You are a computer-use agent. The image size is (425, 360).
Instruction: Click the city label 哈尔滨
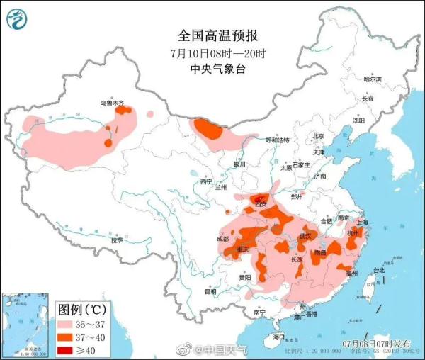tap(372, 79)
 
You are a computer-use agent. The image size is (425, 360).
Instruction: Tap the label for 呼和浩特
tap(278, 140)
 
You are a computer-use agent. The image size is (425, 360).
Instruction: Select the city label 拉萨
tap(117, 241)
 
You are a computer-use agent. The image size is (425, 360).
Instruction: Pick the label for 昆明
tap(210, 291)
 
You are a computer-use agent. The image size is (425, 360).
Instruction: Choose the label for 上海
tap(363, 221)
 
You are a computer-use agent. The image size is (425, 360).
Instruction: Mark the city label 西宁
tap(206, 182)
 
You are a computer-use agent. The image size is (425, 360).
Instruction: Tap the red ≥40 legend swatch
tap(69, 349)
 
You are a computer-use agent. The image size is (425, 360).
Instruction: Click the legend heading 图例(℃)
tap(81, 310)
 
